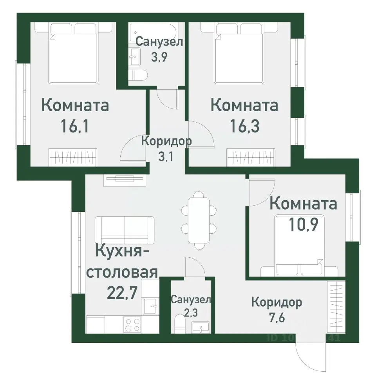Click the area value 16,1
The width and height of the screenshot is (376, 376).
click(75, 126)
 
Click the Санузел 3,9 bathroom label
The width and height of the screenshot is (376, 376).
click(159, 49)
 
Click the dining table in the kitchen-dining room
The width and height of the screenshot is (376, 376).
click(199, 220)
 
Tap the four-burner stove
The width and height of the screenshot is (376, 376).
click(132, 325)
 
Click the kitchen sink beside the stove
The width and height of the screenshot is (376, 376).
click(150, 305)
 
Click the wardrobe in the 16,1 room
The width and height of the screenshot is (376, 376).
click(72, 157)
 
